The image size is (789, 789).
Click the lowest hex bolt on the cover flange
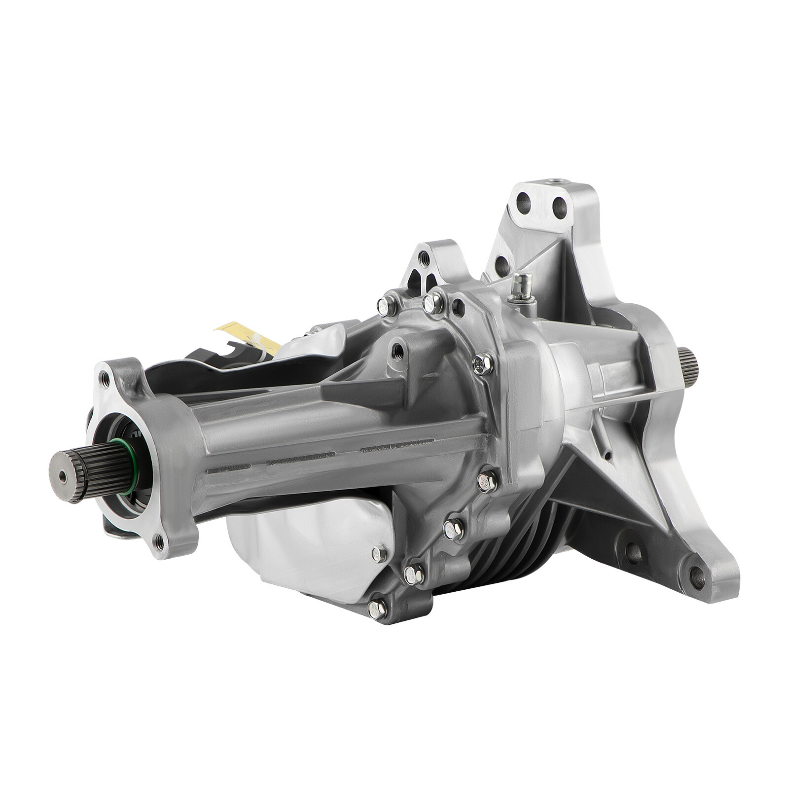377,610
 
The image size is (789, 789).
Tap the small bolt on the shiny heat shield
379,553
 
